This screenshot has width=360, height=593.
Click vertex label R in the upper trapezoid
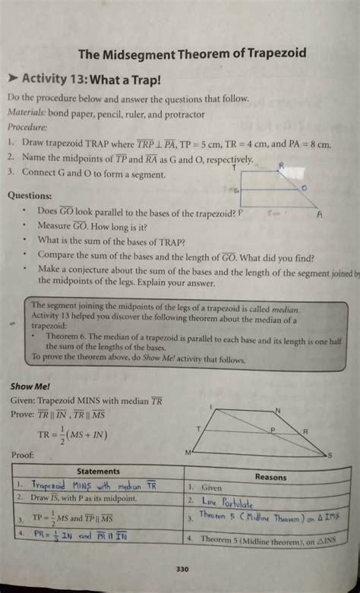281,164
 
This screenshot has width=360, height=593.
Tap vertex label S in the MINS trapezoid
329,455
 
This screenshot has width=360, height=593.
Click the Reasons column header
270,477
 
